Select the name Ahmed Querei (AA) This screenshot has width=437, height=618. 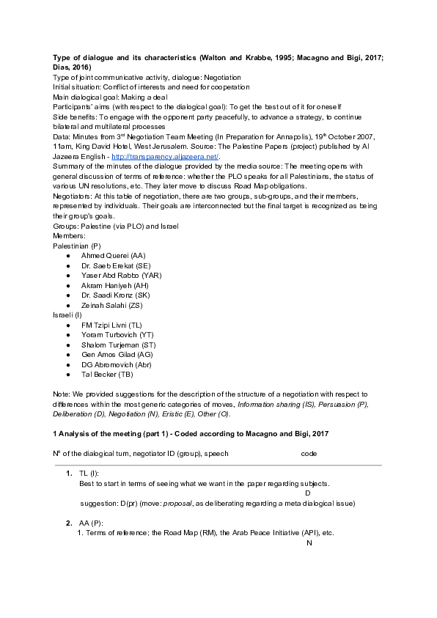point(114,255)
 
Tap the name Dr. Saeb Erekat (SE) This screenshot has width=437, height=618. point(117,265)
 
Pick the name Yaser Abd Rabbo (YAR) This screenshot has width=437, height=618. point(122,276)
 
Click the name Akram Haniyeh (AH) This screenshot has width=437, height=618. point(115,285)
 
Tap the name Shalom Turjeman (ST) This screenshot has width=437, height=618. point(119,345)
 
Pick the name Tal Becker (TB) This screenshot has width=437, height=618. point(108,375)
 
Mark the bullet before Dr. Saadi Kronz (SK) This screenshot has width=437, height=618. point(68,295)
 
